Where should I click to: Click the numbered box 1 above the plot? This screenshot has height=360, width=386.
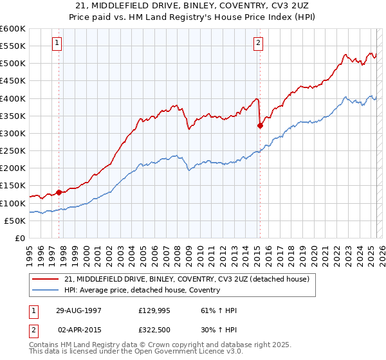pyautogui.click(x=57, y=43)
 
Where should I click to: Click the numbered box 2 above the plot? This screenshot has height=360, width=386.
pyautogui.click(x=258, y=43)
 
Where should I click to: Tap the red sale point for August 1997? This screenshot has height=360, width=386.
pyautogui.click(x=59, y=192)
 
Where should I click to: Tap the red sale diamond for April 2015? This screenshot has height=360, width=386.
pyautogui.click(x=260, y=125)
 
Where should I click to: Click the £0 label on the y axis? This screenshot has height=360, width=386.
pyautogui.click(x=19, y=238)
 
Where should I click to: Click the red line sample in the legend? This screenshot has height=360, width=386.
pyautogui.click(x=46, y=279)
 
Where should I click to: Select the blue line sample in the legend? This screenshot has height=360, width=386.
pyautogui.click(x=46, y=290)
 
